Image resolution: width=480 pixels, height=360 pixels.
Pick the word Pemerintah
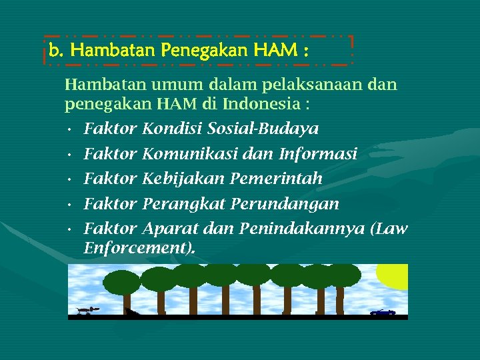[276, 179]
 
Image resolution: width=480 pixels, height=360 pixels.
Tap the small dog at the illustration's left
[85, 310]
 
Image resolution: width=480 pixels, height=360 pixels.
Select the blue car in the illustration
[383, 312]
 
